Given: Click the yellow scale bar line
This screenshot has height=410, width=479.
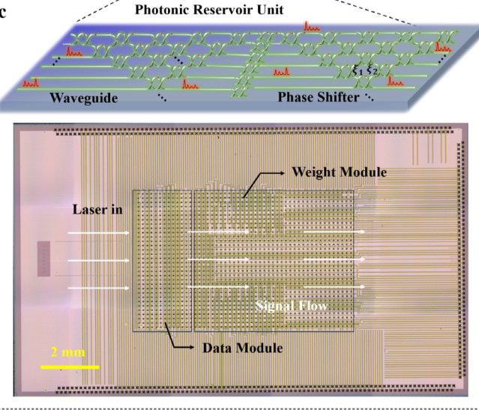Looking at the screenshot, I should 70,367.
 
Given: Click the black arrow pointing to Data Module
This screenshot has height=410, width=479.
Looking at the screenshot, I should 171,340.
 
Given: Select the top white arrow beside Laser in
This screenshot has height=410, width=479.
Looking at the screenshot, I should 97,233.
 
